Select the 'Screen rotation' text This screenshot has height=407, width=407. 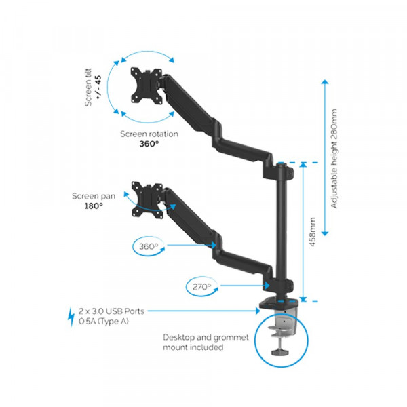(149, 134)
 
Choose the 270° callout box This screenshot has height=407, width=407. (201, 286)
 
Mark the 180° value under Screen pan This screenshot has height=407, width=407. (93, 206)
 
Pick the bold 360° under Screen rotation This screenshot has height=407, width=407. (149, 144)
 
